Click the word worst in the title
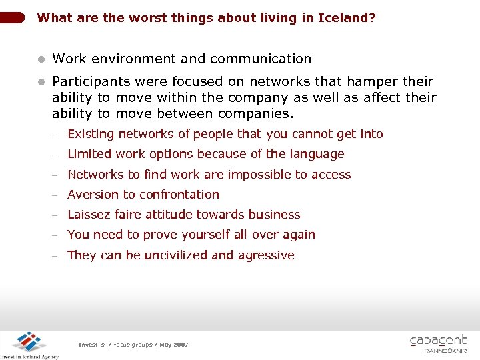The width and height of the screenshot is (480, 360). (132, 18)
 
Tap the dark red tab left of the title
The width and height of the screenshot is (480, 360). (13, 18)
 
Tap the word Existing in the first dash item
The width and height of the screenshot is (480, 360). (91, 134)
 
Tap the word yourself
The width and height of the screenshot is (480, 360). (198, 235)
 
